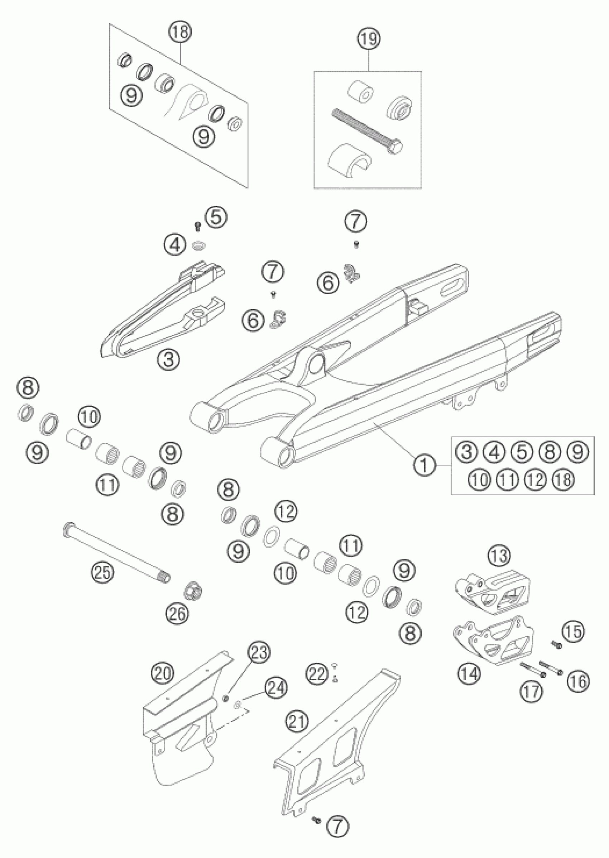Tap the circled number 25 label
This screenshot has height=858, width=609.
(102, 573)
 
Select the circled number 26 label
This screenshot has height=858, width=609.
(178, 614)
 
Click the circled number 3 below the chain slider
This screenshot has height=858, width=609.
(168, 359)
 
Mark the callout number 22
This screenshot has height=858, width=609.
(317, 675)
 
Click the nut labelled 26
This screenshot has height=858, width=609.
(193, 591)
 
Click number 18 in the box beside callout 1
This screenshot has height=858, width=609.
(564, 480)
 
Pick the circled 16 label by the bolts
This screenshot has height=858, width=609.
(578, 681)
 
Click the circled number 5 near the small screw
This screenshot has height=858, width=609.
(216, 218)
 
